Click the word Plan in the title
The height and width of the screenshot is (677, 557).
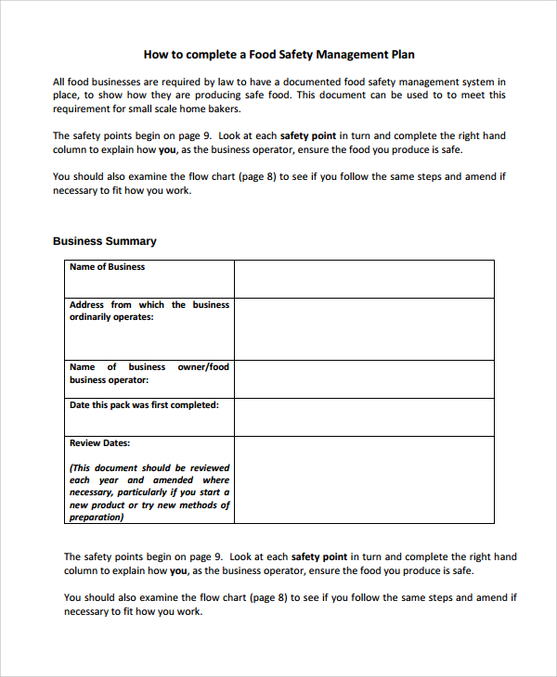[x=401, y=55]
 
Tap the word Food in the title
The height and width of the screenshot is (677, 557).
[x=263, y=55]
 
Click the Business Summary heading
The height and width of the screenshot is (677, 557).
[x=105, y=241]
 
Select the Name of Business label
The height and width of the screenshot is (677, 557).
[x=108, y=267]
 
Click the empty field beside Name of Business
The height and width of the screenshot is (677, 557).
[x=364, y=278]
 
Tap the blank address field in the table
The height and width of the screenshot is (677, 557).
[x=364, y=328]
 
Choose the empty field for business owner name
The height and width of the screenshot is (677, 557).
[x=364, y=379]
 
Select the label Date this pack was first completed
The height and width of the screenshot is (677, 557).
[x=144, y=405]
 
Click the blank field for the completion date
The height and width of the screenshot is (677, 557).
[x=364, y=417]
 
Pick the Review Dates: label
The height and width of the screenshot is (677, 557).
[x=99, y=443]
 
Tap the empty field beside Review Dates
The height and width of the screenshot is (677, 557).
[x=364, y=480]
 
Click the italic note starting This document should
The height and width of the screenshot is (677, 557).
[x=149, y=492]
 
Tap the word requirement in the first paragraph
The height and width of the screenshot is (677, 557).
[x=84, y=108]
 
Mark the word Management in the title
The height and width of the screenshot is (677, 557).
[x=334, y=55]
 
